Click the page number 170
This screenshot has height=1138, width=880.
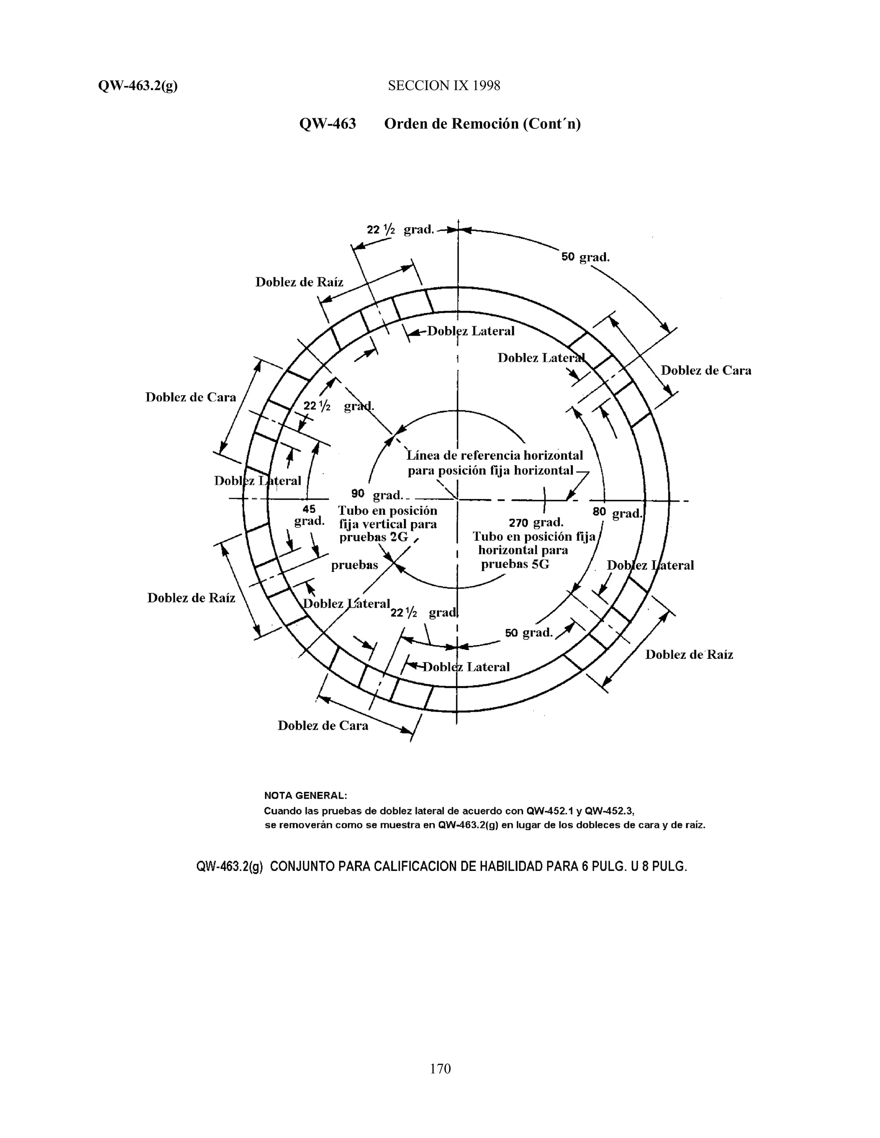[440, 1069]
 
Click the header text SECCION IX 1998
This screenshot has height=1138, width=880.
[443, 86]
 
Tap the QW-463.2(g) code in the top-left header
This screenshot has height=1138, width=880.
[137, 86]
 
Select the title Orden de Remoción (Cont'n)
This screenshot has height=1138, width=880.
[482, 124]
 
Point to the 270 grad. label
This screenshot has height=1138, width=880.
[535, 522]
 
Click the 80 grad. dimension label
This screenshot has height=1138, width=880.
[617, 513]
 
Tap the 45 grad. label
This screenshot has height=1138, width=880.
[309, 515]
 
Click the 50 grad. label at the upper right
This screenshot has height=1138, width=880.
[585, 257]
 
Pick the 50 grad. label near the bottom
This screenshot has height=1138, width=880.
[528, 633]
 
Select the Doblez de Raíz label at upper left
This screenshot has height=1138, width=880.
[299, 282]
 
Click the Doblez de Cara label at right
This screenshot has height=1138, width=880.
[706, 371]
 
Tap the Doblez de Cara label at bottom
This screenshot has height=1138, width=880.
[323, 726]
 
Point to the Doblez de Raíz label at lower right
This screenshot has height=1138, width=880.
[689, 654]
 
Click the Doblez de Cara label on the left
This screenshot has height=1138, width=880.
[190, 397]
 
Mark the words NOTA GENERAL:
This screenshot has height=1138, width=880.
[306, 796]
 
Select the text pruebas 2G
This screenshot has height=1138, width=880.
[373, 537]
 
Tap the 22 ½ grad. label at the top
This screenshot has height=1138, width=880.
[400, 230]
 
